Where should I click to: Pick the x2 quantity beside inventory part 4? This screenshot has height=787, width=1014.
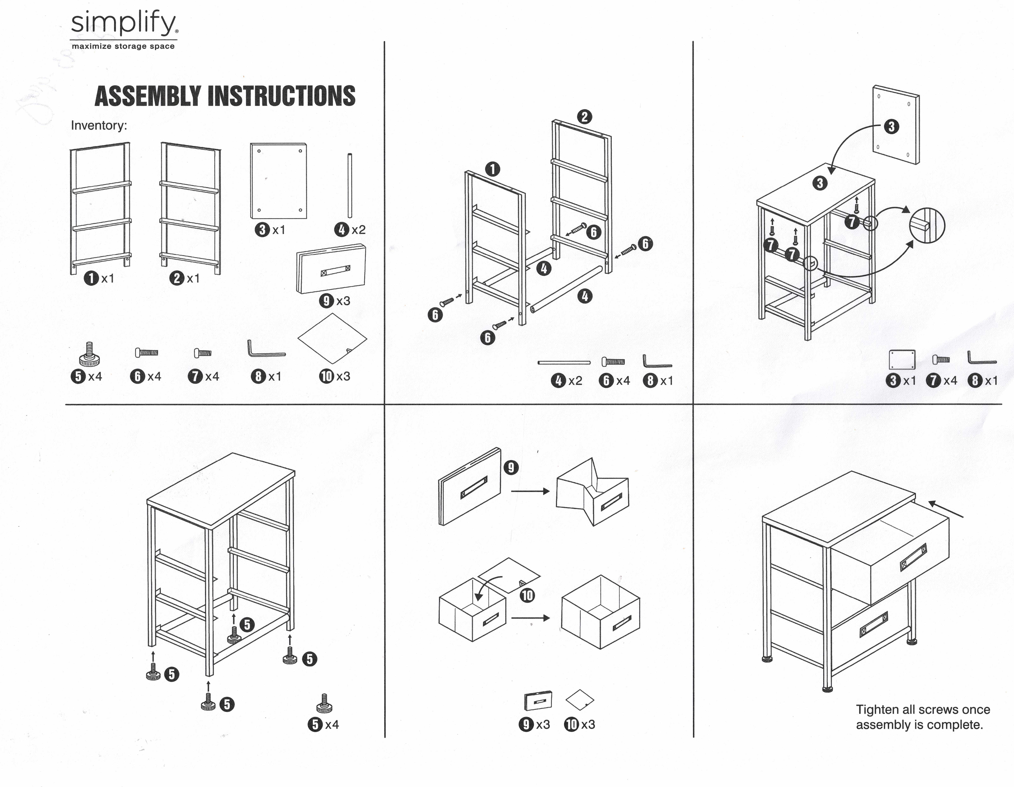click(358, 230)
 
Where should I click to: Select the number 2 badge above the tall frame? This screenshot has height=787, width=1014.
click(584, 117)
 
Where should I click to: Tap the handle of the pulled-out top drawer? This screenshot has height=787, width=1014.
click(913, 557)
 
